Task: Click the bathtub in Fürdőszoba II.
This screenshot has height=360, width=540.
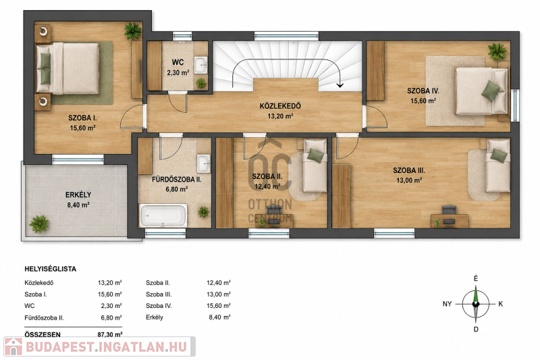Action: coord(163,215)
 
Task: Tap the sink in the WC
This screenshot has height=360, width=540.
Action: coord(200,65)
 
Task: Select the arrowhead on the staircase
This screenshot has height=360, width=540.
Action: coord(340,84)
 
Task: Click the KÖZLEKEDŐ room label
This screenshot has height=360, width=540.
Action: coord(280,106)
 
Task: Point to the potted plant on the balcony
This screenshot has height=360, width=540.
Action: coord(39,224)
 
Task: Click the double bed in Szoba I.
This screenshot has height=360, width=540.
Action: coord(68,68)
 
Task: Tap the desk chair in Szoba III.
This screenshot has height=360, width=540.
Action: coord(449,210)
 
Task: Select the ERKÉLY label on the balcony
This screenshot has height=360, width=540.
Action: coord(78,195)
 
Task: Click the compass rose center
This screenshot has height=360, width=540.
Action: coord(476,304)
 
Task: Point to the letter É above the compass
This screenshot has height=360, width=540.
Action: coord(476,278)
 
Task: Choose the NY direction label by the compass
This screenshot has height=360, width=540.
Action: coord(447,304)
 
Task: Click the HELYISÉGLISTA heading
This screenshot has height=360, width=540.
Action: coord(50,269)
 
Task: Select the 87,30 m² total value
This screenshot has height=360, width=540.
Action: coord(110,334)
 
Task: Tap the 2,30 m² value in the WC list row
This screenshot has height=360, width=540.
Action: coord(111,306)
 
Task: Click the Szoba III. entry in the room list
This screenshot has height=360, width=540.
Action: coord(159,294)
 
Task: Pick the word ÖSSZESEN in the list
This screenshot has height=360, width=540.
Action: coord(43,334)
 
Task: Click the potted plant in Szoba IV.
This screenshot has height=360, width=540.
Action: coord(497,52)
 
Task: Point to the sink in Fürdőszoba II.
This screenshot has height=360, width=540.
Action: coord(204,163)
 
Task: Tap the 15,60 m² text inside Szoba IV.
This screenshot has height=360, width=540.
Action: coord(423,101)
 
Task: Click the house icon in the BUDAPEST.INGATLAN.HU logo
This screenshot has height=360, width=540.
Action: coord(13,346)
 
